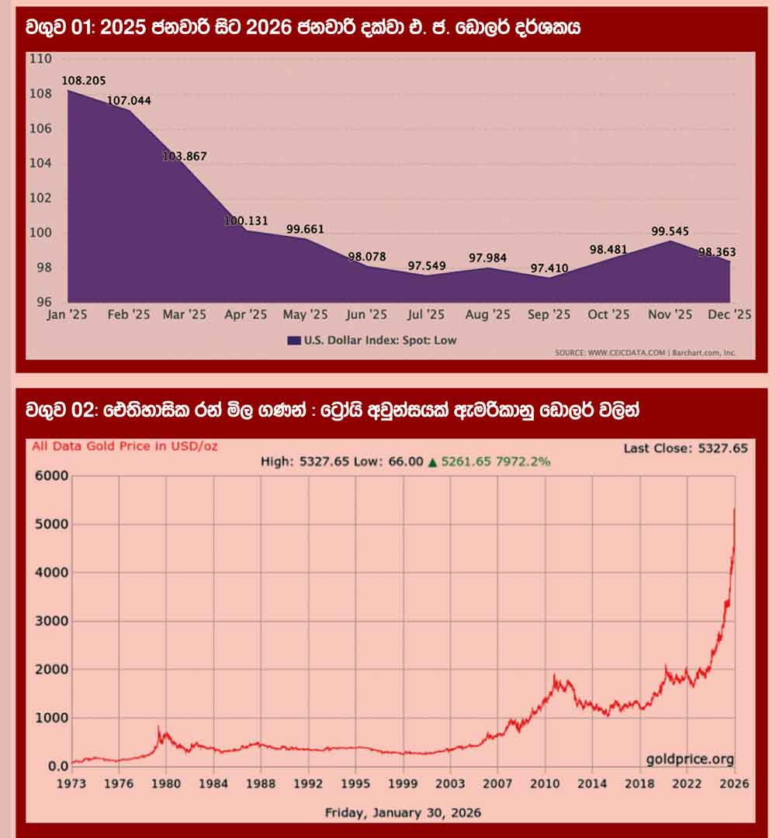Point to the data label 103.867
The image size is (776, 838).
184,156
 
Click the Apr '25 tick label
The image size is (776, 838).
245,315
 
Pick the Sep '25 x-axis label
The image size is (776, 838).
548,315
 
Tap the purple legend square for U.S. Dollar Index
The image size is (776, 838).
294,340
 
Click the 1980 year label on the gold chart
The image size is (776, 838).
166,784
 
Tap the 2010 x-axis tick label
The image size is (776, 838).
546,784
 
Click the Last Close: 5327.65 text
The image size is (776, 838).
686,448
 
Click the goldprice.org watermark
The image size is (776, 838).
689,760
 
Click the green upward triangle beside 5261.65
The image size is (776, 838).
432,462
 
